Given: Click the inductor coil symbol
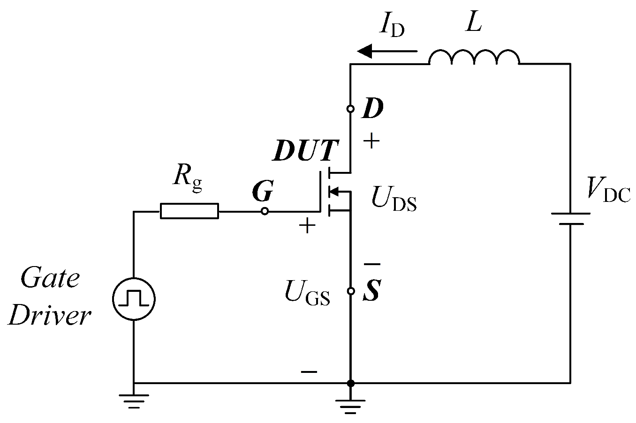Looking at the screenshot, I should pyautogui.click(x=474, y=57).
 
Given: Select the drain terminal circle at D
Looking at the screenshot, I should pyautogui.click(x=350, y=109).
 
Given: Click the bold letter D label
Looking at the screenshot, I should pyautogui.click(x=373, y=109).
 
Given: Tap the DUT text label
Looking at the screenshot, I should pyautogui.click(x=305, y=151).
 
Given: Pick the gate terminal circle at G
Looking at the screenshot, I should pyautogui.click(x=265, y=211).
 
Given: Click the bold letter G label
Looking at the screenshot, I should pyautogui.click(x=263, y=191).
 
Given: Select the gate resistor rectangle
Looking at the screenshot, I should pyautogui.click(x=189, y=211).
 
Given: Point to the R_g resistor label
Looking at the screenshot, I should pyautogui.click(x=188, y=177).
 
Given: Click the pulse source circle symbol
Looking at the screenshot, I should pyautogui.click(x=134, y=298).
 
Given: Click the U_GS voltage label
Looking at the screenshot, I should pyautogui.click(x=307, y=294).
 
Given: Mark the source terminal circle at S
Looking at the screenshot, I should pyautogui.click(x=350, y=291).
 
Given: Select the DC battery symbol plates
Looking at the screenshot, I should pyautogui.click(x=570, y=218).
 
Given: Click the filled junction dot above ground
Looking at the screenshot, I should pyautogui.click(x=350, y=383).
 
